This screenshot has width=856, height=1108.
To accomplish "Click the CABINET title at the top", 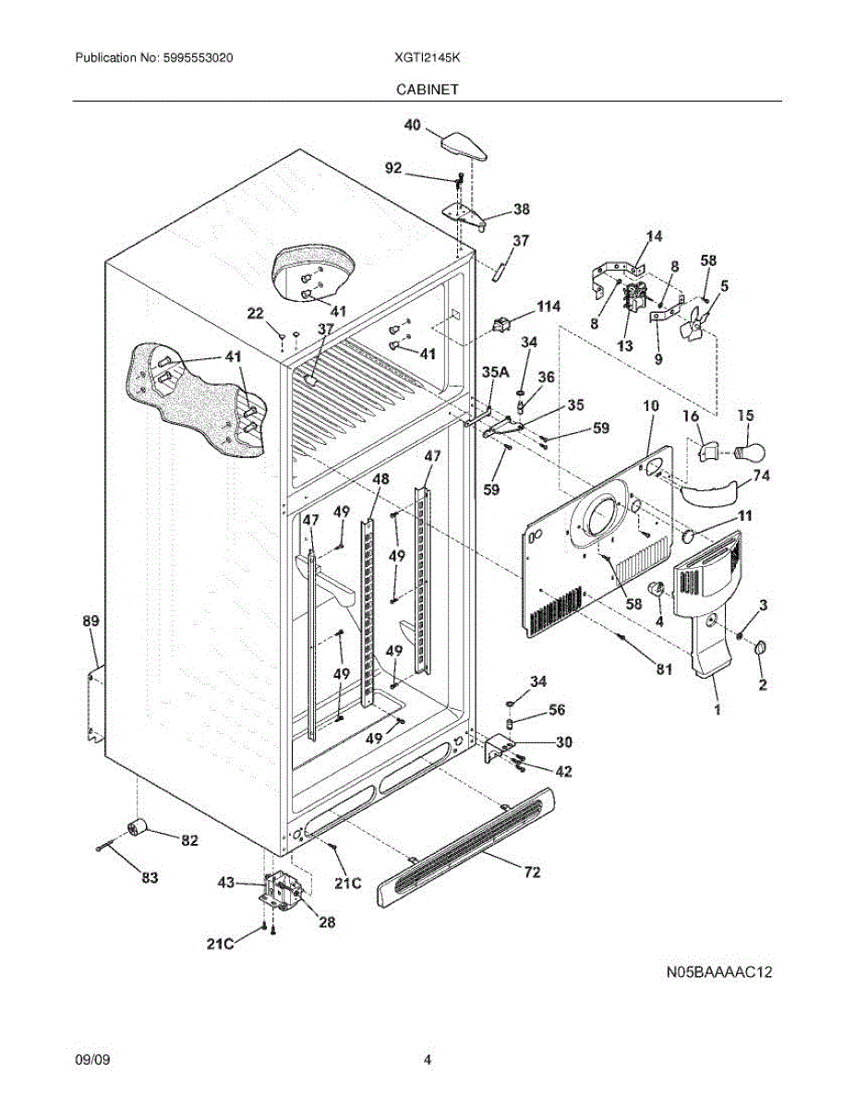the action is pos(428,90).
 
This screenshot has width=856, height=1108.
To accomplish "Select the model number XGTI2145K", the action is pos(427,57).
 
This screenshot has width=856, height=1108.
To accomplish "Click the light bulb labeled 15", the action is pos(752,451).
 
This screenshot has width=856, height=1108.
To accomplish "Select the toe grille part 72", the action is pos(465,847).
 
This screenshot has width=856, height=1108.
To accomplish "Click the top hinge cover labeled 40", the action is pos(464,147).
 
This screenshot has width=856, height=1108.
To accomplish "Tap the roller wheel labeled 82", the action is pos(136,826).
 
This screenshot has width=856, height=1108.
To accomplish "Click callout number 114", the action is pos(549,307).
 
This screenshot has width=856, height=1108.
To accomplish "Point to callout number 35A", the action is pos(495,372).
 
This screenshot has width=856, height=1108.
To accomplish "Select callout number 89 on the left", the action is pos(90,621).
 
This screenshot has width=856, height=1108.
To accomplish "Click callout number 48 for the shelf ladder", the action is pos(380,479).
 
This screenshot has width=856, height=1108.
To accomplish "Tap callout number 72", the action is pos(532,873).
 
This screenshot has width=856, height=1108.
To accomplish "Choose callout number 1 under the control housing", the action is pos(717,709).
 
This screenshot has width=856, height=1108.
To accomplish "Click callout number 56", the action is pos(557,709).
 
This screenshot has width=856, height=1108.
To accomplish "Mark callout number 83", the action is pos(150,877).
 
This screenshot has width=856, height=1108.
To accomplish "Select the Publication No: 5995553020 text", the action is pos(154,57).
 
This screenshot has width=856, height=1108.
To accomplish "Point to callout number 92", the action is pos(393,168).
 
